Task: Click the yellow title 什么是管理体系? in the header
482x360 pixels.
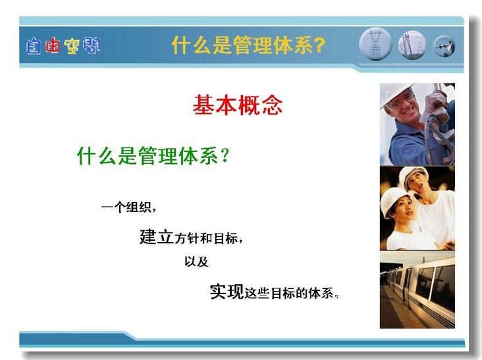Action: pos(248,45)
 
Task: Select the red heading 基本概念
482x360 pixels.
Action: pos(238,105)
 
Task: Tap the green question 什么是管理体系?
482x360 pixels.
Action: pos(153,155)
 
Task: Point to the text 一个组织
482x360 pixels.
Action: pos(126,207)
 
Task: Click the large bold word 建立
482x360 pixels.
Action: pos(157,236)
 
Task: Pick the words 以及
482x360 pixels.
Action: pos(196,262)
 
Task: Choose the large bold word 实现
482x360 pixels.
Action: pos(227,292)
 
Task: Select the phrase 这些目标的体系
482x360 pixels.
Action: pos(289,294)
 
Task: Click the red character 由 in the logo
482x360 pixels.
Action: pos(53,45)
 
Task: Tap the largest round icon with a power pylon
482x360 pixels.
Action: pos(375,44)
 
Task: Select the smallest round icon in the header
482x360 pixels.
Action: pos(444,47)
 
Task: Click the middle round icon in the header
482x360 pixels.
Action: pos(412,45)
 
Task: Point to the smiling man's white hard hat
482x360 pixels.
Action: pos(396,93)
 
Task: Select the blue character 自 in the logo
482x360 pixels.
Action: pos(34,46)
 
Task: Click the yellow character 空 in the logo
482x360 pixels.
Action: pos(72,46)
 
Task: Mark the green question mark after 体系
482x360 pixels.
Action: pos(225,155)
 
